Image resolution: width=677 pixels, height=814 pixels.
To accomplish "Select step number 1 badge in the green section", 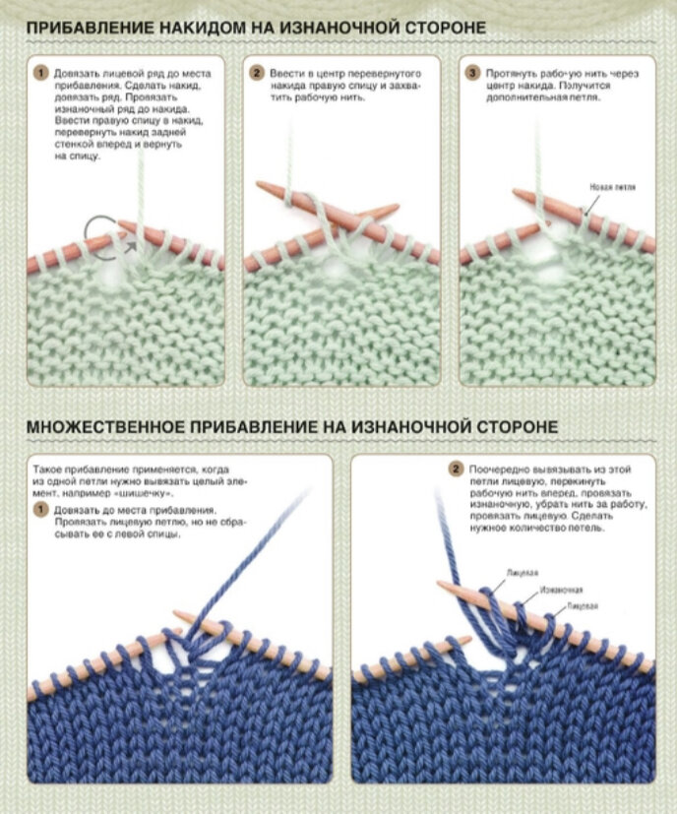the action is click(40, 74).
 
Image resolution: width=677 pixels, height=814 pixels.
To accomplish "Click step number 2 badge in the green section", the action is click(257, 74).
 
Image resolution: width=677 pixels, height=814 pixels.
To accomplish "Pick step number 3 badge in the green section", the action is click(473, 74).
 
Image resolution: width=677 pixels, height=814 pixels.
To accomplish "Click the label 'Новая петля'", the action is click(612, 186).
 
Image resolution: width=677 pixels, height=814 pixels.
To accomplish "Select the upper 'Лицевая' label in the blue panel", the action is click(522, 571).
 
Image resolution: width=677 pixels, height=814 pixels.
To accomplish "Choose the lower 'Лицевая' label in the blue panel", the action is click(582, 607).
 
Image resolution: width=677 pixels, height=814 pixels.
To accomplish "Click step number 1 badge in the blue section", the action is click(40, 509).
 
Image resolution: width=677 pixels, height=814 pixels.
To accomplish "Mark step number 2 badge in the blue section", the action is click(457, 470).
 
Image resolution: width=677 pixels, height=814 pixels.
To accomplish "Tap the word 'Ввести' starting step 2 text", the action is click(286, 74).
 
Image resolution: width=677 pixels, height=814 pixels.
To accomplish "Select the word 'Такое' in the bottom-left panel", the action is click(47, 470).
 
